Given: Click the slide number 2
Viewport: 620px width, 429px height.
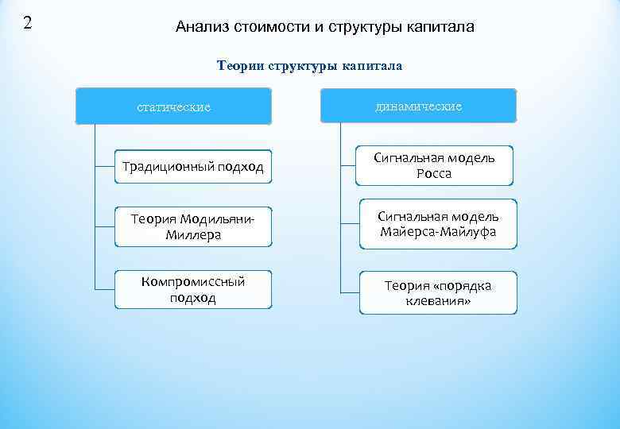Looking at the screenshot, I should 28,22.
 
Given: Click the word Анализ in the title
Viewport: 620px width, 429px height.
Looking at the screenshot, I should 201,27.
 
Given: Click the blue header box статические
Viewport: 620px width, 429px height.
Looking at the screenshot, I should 173,106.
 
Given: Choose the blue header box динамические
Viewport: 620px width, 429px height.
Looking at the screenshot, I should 418,106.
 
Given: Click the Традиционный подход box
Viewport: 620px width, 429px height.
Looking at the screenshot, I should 193,167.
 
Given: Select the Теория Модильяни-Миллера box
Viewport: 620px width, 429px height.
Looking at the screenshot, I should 193,226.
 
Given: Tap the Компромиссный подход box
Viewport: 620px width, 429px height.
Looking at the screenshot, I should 193,290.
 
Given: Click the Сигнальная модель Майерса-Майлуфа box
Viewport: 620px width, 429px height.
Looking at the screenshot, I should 438,224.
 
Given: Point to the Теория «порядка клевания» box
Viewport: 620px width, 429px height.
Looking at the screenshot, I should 438,293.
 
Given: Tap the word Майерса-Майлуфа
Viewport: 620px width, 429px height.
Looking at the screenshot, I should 438,232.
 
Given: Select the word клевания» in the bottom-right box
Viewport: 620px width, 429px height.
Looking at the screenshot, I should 438,301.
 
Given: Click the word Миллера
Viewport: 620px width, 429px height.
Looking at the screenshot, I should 193,235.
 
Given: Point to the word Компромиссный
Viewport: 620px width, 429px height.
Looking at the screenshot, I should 193,282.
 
